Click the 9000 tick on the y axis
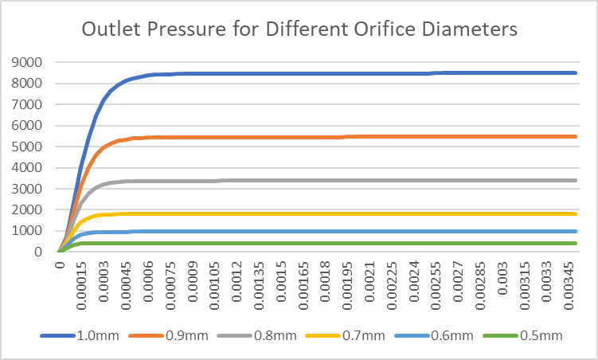(x=29, y=62)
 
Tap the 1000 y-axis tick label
(x=29, y=231)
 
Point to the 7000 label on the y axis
(x=29, y=104)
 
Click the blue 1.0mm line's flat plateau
(x=319, y=73)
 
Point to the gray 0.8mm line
(x=319, y=180)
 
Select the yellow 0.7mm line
(x=319, y=213)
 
